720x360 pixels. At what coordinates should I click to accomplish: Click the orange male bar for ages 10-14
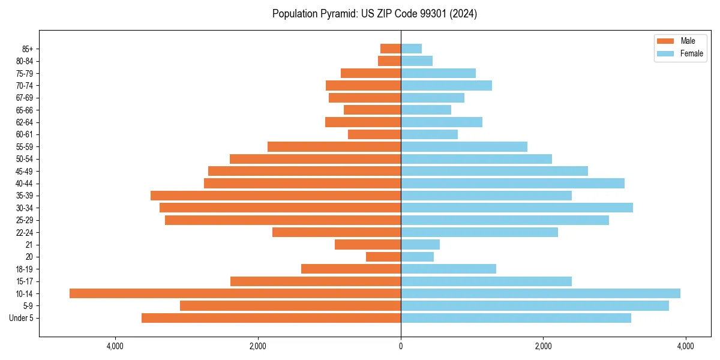click(235, 293)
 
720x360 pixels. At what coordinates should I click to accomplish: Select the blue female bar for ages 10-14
click(540, 293)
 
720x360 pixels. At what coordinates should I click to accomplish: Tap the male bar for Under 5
click(271, 318)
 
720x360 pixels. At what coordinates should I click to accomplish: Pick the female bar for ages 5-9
click(535, 305)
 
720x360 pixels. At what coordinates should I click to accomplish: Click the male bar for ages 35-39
click(275, 196)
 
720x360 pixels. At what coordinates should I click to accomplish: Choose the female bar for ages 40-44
click(512, 183)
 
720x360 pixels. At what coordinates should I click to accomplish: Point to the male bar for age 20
click(383, 257)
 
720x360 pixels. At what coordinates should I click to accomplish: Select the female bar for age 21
click(420, 244)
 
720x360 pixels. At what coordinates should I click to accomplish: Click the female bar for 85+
click(411, 49)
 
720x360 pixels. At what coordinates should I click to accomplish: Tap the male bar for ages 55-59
click(334, 146)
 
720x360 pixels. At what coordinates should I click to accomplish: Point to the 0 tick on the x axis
click(401, 346)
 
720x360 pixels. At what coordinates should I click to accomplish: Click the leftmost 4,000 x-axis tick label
click(115, 346)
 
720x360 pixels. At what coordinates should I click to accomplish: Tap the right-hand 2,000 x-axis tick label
click(543, 346)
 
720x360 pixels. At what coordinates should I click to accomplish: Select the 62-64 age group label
click(24, 122)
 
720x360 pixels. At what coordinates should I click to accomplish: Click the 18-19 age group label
click(24, 269)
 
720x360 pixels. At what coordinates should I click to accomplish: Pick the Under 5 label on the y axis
click(22, 318)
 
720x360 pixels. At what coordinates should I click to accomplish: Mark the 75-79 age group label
click(24, 73)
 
